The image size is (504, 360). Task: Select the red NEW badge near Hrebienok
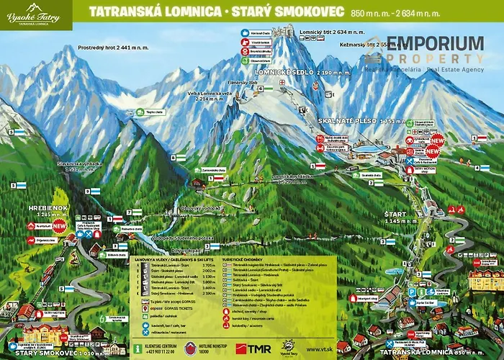[x=59, y=225]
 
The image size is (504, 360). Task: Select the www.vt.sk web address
[x=318, y=347]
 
